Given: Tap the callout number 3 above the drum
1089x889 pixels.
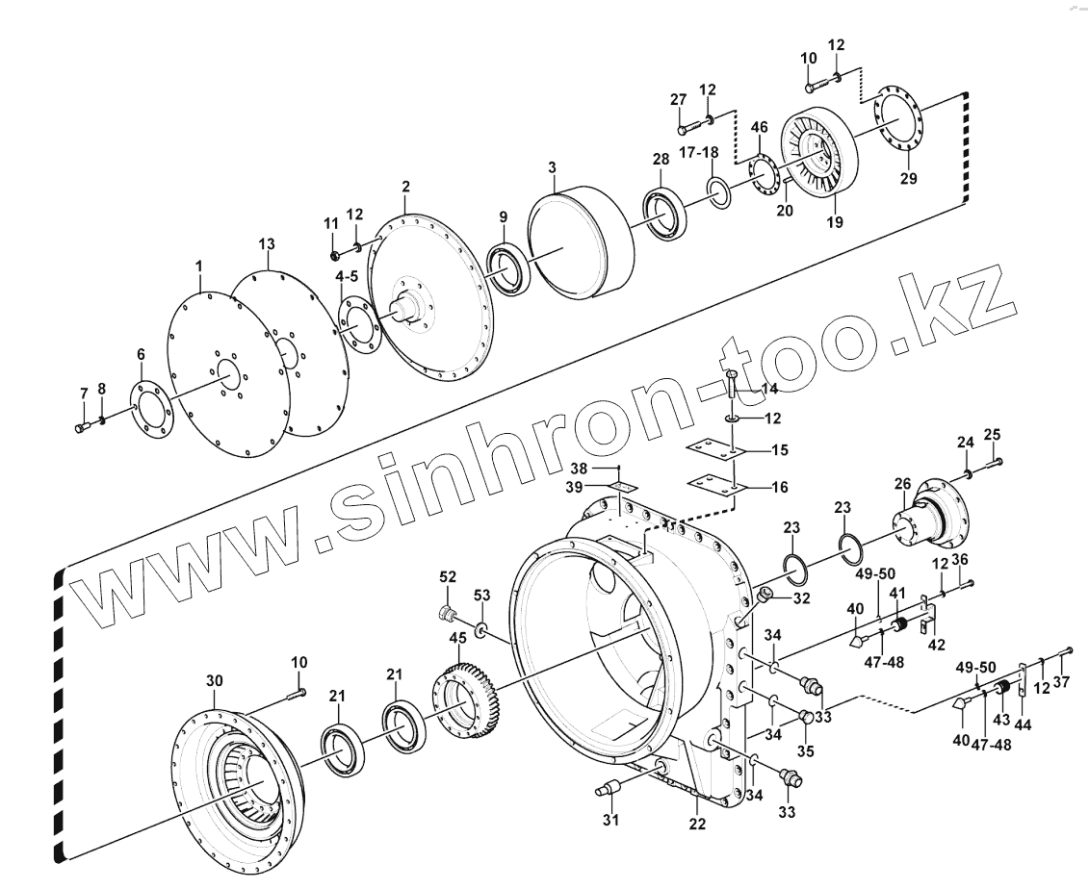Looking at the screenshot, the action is (552, 167).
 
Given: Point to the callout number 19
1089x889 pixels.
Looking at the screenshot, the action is (834, 222).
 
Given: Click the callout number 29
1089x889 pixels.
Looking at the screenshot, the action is (909, 179).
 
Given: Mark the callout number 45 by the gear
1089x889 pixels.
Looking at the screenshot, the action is (457, 638).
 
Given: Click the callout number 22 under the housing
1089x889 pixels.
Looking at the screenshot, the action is (697, 824).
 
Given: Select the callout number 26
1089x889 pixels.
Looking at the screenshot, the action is (902, 483).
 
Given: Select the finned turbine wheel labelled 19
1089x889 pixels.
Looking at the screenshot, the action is (818, 159).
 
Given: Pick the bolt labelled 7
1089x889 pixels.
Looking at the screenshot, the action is (80, 424).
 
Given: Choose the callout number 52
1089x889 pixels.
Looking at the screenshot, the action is (448, 576).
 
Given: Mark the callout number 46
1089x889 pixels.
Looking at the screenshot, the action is (760, 127).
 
